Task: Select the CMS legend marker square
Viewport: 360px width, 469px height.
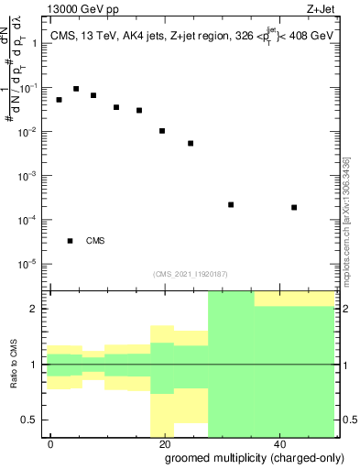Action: coord(70,241)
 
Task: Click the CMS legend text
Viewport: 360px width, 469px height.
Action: coord(95,241)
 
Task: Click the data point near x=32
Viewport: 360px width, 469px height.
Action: coord(231,204)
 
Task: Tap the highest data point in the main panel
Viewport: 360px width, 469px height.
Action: coord(76,89)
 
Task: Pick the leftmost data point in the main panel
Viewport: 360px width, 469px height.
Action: coord(59,100)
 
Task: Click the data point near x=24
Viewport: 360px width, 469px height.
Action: coord(191,143)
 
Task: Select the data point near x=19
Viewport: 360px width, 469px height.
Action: coord(162,131)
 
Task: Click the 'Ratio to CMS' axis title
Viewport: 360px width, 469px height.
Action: coord(15,365)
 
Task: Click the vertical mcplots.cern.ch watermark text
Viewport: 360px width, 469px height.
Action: coord(346,220)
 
